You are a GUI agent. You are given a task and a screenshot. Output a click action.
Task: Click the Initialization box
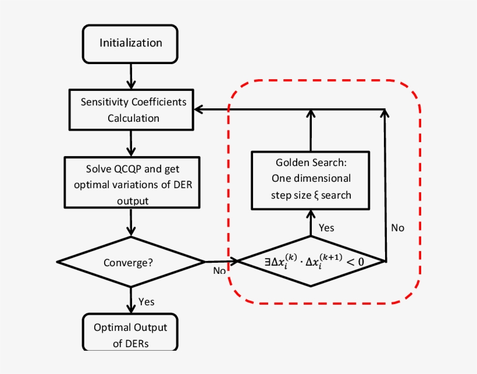pyautogui.click(x=130, y=43)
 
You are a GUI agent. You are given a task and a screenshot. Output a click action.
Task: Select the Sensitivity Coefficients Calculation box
pyautogui.click(x=133, y=110)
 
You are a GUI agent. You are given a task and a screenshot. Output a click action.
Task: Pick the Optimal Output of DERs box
pyautogui.click(x=130, y=334)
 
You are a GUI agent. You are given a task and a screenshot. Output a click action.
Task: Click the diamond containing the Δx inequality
pyautogui.click(x=311, y=261)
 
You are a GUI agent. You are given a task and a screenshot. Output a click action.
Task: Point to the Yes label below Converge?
pyautogui.click(x=147, y=301)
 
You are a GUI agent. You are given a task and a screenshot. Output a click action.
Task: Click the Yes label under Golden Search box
pyautogui.click(x=326, y=228)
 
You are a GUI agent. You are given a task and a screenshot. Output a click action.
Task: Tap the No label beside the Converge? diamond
pyautogui.click(x=219, y=271)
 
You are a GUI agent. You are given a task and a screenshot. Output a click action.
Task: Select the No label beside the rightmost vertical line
pyautogui.click(x=397, y=228)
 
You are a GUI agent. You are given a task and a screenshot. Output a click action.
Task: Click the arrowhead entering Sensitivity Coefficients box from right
pyautogui.click(x=199, y=109)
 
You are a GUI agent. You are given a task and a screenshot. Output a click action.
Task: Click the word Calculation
pyautogui.click(x=133, y=118)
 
